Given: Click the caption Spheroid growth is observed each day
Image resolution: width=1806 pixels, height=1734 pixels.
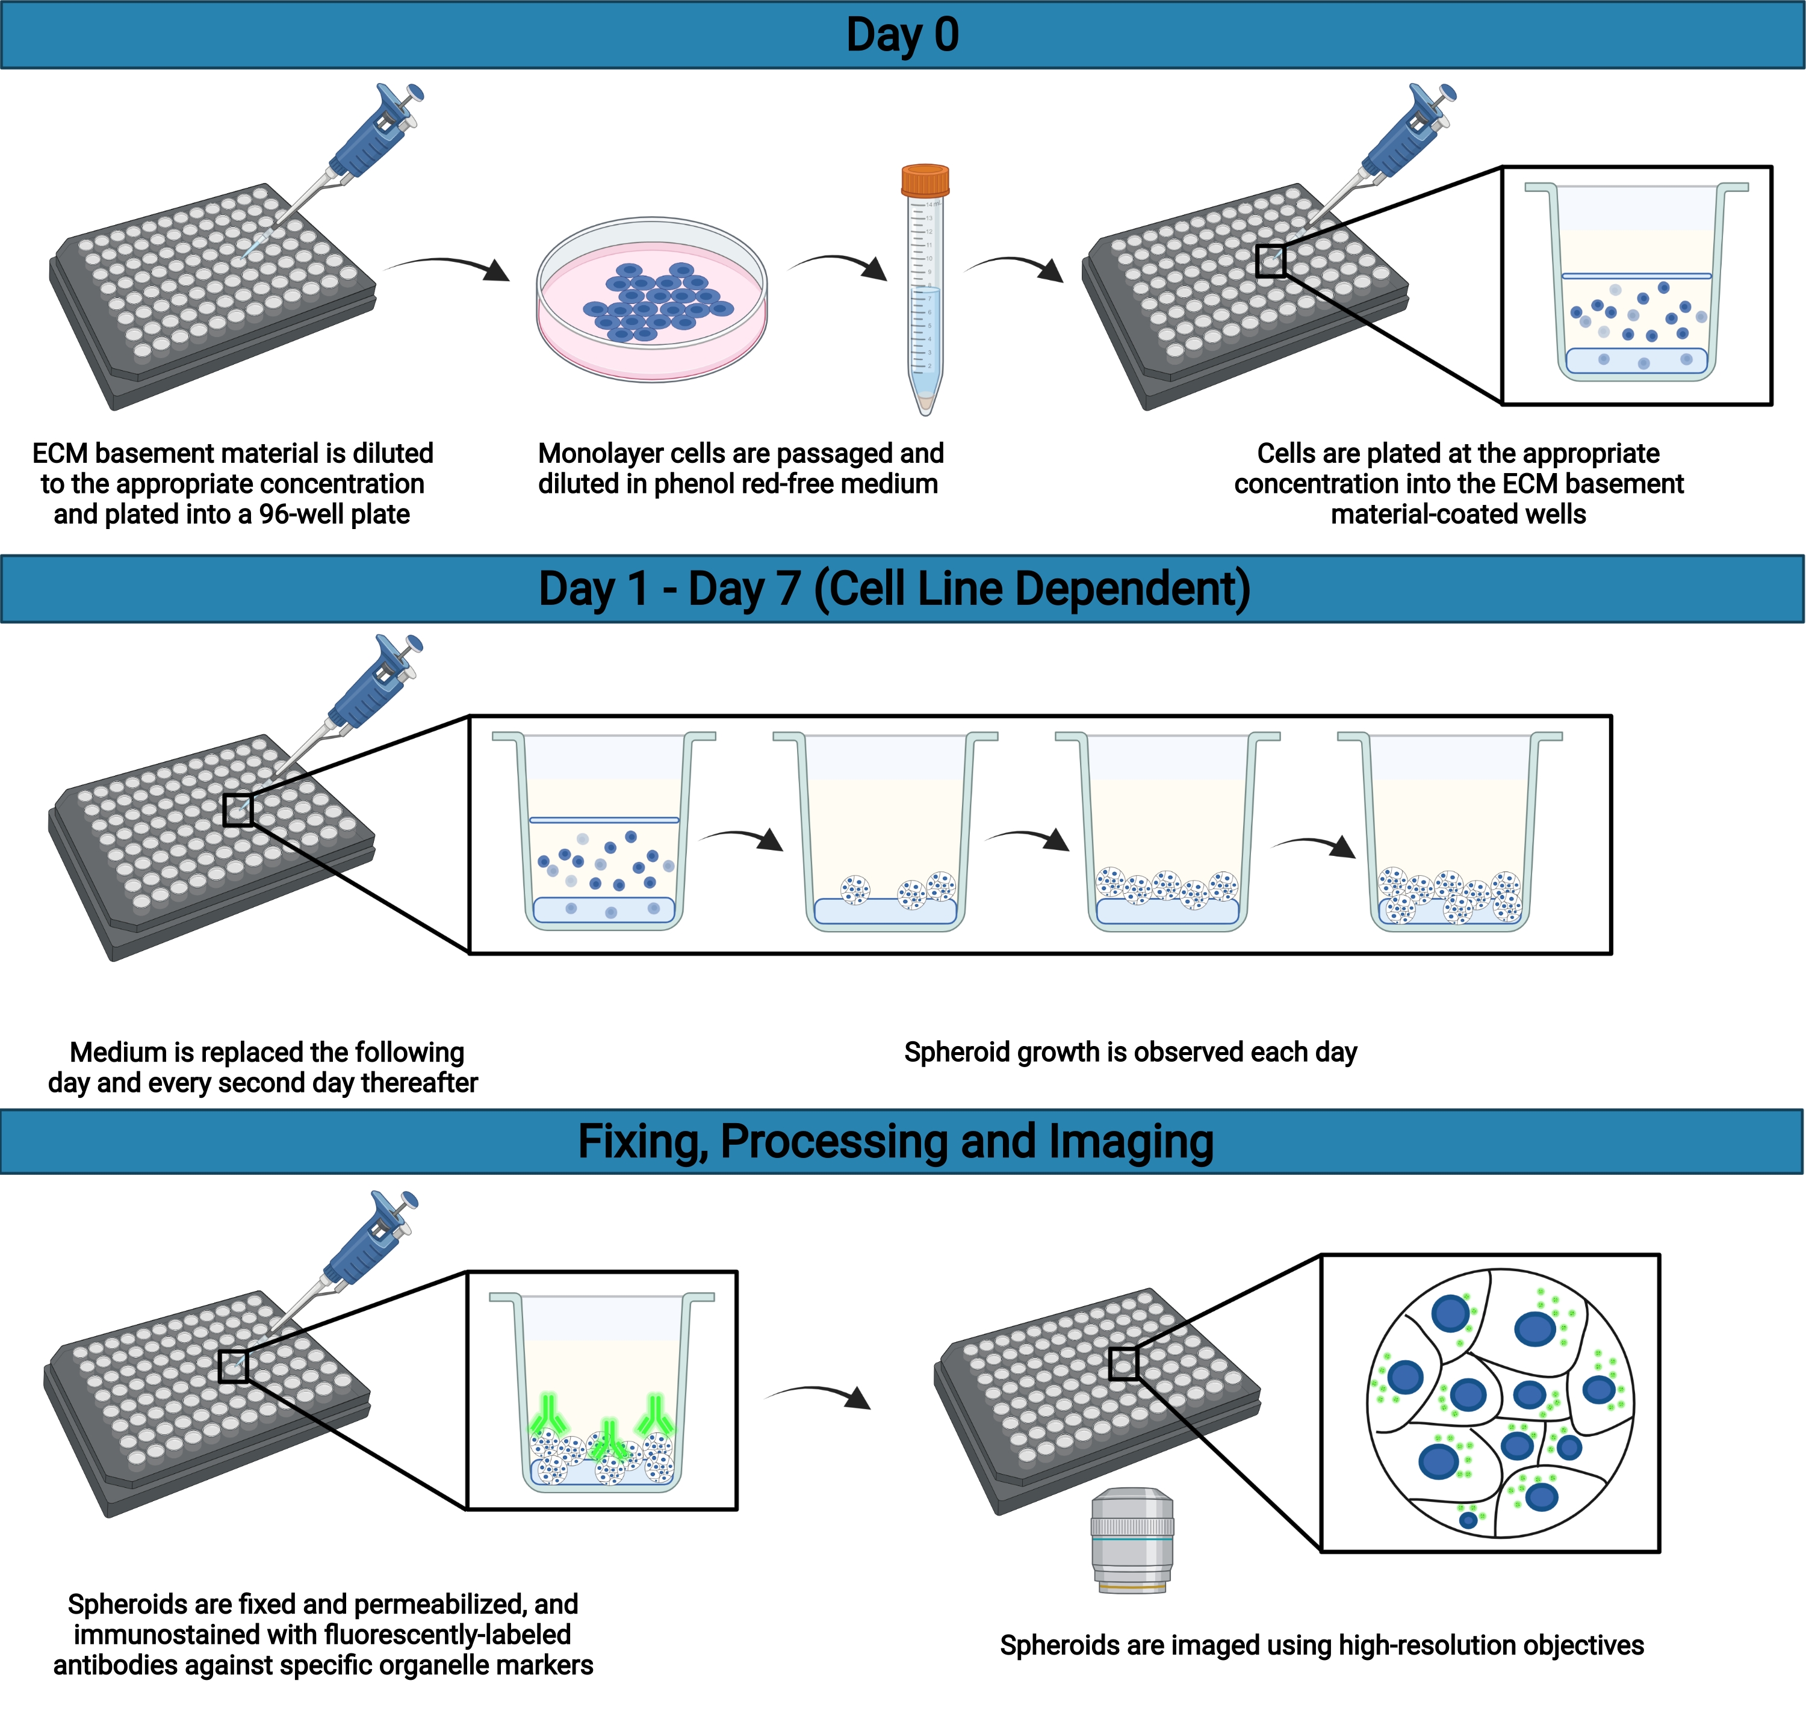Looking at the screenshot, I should click(x=1130, y=1051).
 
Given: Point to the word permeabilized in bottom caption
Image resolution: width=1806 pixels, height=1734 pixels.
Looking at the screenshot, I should click(x=432, y=1604).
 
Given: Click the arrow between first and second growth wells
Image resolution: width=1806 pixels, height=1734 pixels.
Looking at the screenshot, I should click(x=741, y=838).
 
